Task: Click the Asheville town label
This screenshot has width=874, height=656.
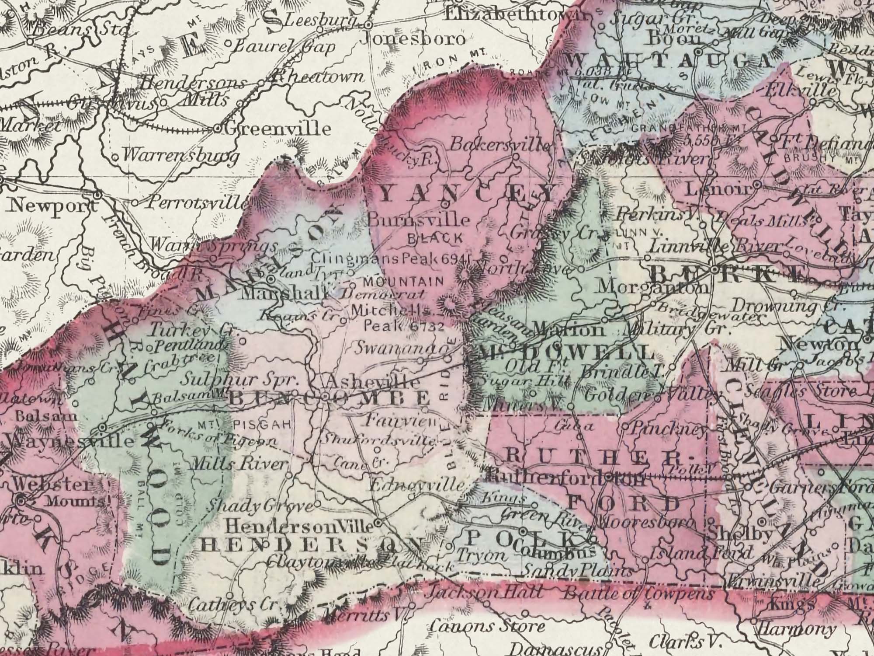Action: click(373, 381)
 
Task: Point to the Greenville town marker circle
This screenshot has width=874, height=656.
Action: click(217, 129)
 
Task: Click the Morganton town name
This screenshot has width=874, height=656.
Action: click(653, 287)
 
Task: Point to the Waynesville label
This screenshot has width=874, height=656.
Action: click(70, 441)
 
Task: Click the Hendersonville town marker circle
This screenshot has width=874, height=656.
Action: click(378, 523)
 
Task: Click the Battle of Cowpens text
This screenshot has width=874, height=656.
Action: click(638, 594)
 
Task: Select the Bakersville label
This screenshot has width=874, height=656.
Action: click(500, 145)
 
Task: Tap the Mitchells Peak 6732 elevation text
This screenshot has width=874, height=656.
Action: click(398, 318)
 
